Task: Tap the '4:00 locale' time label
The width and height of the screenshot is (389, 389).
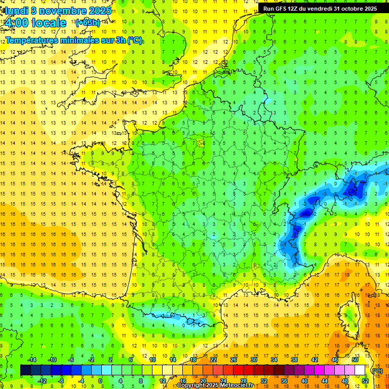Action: (x=34, y=22)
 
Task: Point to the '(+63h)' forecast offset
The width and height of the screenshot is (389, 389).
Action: (x=88, y=22)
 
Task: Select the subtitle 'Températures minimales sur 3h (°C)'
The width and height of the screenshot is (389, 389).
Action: (x=74, y=40)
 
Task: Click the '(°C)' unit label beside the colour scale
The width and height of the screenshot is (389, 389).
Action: (x=377, y=371)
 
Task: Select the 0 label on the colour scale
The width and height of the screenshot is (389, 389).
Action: (x=100, y=381)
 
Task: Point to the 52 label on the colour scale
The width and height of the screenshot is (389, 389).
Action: (x=365, y=381)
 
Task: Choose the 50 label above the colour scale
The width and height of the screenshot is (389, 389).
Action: (x=355, y=360)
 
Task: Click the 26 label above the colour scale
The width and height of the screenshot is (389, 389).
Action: (x=234, y=360)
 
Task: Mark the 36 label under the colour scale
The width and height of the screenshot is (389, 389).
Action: (x=284, y=381)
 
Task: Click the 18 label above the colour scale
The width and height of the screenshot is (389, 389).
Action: (x=193, y=360)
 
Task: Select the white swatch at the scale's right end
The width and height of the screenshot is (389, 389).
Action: (x=360, y=370)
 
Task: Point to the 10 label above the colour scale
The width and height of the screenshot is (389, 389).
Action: (x=152, y=360)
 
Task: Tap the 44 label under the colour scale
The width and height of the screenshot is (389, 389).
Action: (x=324, y=381)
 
